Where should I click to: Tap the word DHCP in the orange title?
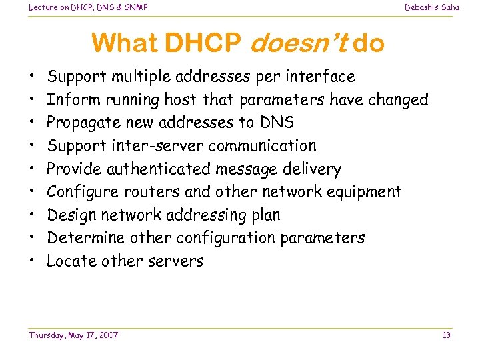click(203, 44)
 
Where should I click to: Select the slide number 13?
click(447, 335)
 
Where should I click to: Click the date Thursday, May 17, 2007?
click(73, 335)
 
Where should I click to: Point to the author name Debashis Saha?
click(432, 7)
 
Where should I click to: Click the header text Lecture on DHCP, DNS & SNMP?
click(88, 7)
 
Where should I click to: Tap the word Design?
click(72, 215)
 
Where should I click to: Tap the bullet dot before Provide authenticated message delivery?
click(33, 169)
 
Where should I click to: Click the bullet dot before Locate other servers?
click(33, 261)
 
